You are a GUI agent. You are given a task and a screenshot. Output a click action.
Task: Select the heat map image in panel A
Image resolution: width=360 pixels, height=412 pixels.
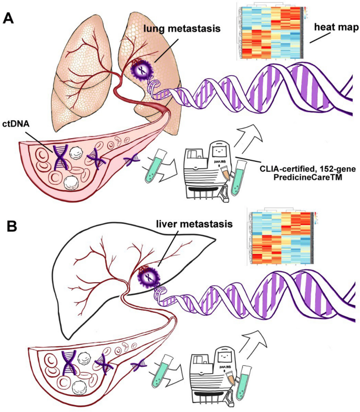(272, 31)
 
